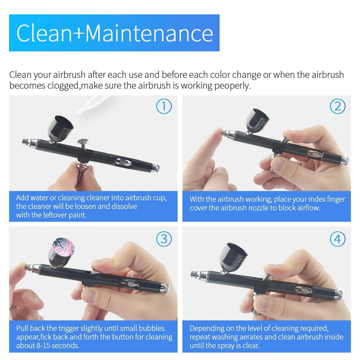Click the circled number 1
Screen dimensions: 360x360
click(164, 106)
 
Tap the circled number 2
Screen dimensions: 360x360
click(338, 106)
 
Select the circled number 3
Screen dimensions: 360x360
click(164, 239)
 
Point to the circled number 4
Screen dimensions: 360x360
click(338, 239)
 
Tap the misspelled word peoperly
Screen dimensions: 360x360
click(232, 86)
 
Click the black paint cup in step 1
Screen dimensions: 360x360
click(60, 129)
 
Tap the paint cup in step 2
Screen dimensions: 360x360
click(257, 121)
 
